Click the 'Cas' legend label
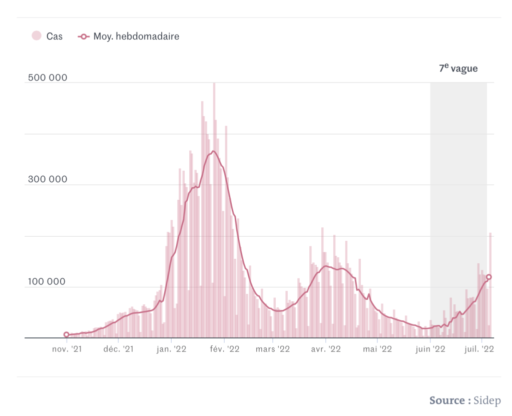[55, 36]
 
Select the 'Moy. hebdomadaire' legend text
[136, 36]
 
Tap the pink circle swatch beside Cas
[36, 36]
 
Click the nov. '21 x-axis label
[68, 349]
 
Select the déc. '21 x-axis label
[119, 349]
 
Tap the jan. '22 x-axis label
[172, 349]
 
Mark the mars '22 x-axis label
[272, 349]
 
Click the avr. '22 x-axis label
[325, 349]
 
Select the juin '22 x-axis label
[430, 349]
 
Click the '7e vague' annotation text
[458, 69]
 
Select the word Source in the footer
[447, 400]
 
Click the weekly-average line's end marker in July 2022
[489, 277]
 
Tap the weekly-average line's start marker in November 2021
[67, 334]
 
